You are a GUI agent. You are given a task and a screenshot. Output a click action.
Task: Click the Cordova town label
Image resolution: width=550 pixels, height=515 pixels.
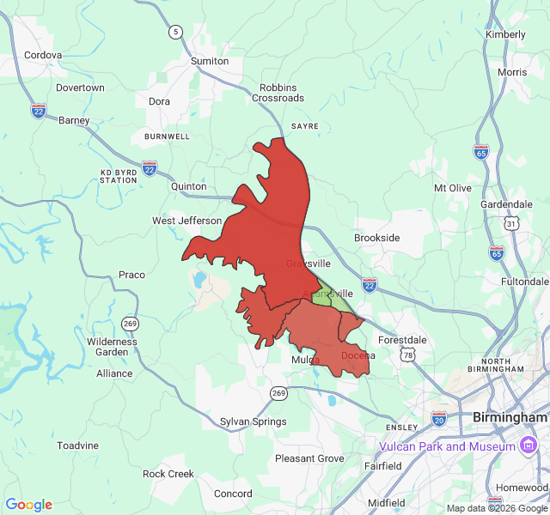click(x=43, y=55)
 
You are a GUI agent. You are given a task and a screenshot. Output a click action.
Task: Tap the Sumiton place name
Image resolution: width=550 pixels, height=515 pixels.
click(x=210, y=61)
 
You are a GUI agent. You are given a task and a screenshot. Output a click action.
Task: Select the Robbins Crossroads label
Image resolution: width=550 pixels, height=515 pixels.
click(x=278, y=93)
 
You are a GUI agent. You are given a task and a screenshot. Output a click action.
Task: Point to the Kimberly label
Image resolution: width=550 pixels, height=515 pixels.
click(x=505, y=34)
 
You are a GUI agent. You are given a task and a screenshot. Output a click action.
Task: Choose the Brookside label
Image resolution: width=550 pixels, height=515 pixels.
click(x=377, y=238)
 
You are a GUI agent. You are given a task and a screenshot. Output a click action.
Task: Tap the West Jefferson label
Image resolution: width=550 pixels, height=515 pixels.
click(x=186, y=221)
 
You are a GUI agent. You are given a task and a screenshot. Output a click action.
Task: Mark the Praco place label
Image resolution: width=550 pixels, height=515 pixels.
click(x=131, y=275)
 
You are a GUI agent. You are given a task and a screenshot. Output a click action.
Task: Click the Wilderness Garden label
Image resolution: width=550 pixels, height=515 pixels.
click(x=112, y=347)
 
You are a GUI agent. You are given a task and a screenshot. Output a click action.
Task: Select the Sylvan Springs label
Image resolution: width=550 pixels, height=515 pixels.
click(x=253, y=421)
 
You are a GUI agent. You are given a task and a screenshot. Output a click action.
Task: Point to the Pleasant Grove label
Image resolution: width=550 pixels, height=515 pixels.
click(x=309, y=458)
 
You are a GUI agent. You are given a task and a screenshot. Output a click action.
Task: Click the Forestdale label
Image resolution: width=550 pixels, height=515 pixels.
click(x=402, y=340)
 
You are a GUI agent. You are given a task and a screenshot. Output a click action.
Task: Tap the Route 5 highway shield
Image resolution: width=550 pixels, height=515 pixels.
click(x=176, y=32)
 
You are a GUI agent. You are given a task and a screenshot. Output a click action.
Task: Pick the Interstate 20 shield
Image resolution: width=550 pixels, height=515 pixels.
click(x=439, y=418)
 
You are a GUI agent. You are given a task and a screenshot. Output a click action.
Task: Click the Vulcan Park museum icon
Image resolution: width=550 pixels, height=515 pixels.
click(x=530, y=446)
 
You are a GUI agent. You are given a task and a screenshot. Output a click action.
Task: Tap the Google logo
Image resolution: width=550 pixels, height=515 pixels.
click(x=28, y=505)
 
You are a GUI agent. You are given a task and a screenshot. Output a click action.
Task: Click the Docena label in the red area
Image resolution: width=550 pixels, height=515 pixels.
click(x=358, y=355)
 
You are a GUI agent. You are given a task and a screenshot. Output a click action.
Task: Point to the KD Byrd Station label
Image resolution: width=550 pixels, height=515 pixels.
click(x=119, y=176)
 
